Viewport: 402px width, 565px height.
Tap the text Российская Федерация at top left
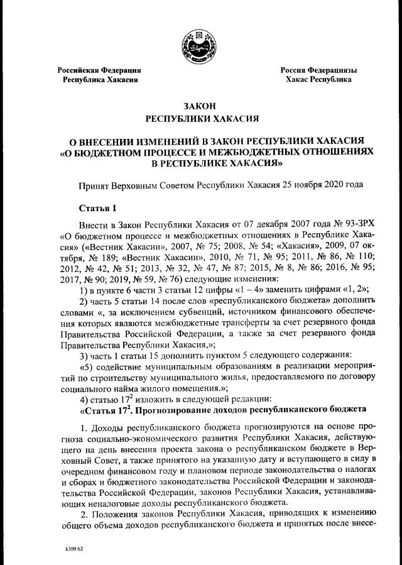tap(99, 70)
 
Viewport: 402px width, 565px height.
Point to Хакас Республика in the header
tap(318, 80)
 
